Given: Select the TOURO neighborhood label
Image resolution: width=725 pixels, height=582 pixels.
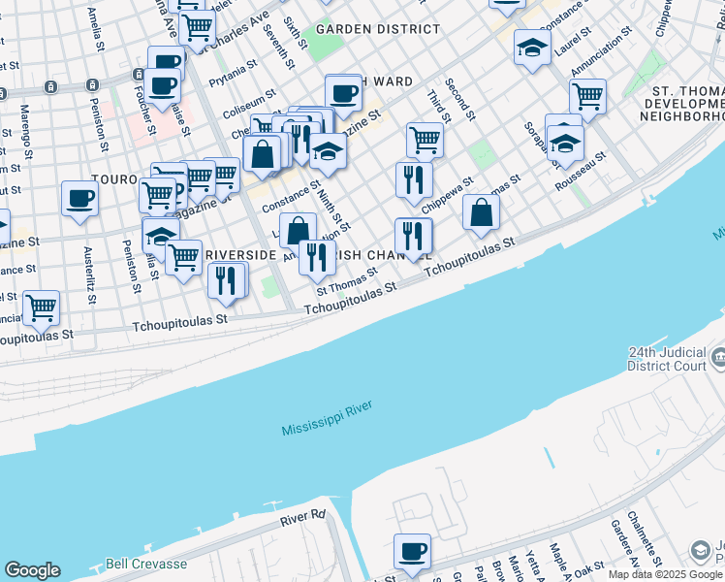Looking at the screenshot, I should coord(113,180).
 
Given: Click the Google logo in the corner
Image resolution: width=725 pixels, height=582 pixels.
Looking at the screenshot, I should coord(32,570).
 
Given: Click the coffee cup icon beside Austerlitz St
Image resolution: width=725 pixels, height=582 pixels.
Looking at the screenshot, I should coord(79,199).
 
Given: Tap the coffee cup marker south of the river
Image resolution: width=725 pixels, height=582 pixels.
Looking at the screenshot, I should coord(412,551).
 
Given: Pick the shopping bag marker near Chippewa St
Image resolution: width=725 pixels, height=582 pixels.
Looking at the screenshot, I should coord(481,212).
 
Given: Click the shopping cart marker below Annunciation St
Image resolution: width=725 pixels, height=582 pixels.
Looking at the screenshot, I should coord(587,96).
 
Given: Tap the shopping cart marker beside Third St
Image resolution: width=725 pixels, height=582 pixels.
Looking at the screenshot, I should coord(425,139).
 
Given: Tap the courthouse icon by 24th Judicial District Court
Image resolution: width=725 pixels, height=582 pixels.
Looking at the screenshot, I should coord(717,358).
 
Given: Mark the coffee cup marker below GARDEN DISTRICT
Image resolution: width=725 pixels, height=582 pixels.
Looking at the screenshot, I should coord(342,93).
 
